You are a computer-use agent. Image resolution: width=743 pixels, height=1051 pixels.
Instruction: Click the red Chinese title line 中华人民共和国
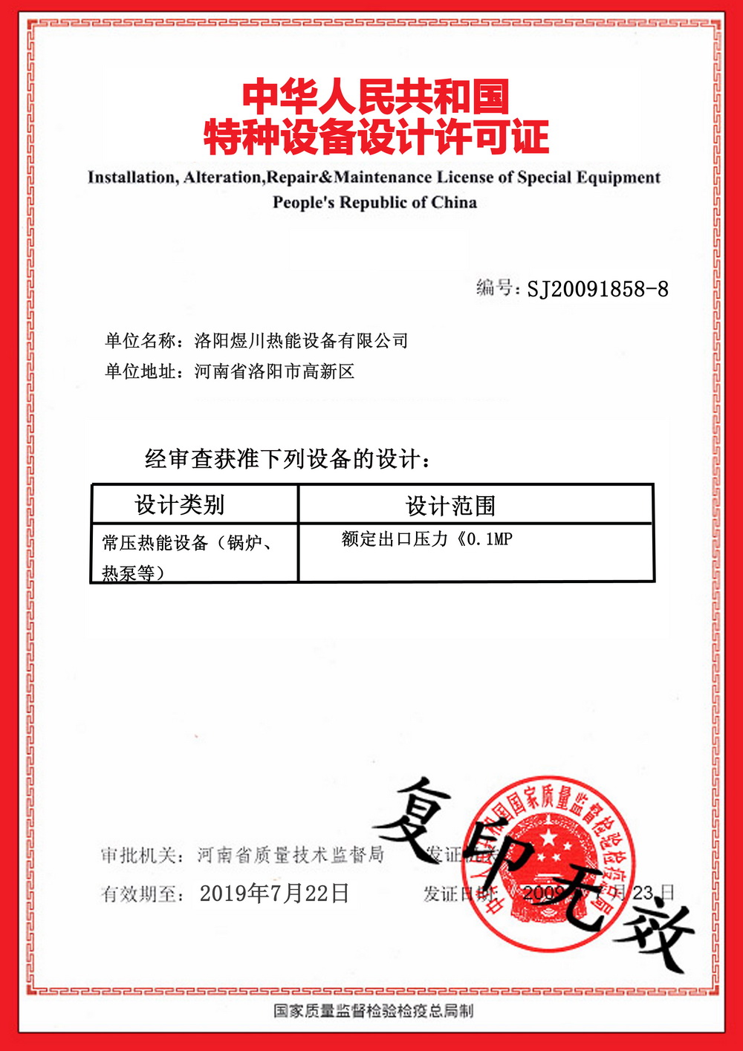(376, 97)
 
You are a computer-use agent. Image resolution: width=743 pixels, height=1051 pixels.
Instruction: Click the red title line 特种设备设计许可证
(376, 137)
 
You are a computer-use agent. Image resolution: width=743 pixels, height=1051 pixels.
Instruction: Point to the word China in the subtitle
(453, 202)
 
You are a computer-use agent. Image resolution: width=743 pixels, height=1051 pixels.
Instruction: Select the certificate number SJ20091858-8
(597, 289)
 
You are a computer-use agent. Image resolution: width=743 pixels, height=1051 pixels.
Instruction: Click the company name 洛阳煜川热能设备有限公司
(301, 341)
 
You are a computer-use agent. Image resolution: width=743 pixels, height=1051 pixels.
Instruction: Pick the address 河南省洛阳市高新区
(274, 371)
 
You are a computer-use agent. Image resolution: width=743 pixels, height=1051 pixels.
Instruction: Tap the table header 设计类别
(179, 505)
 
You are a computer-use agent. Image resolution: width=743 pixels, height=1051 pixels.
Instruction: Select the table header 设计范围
(450, 506)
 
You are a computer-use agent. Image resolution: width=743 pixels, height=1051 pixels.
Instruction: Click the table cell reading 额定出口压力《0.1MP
(426, 539)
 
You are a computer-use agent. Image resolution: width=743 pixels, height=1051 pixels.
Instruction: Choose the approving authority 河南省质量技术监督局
(291, 856)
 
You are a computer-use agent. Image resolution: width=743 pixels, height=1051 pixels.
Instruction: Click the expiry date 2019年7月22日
(274, 894)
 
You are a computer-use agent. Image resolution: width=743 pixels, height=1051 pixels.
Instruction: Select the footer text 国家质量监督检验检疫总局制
(373, 1011)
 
